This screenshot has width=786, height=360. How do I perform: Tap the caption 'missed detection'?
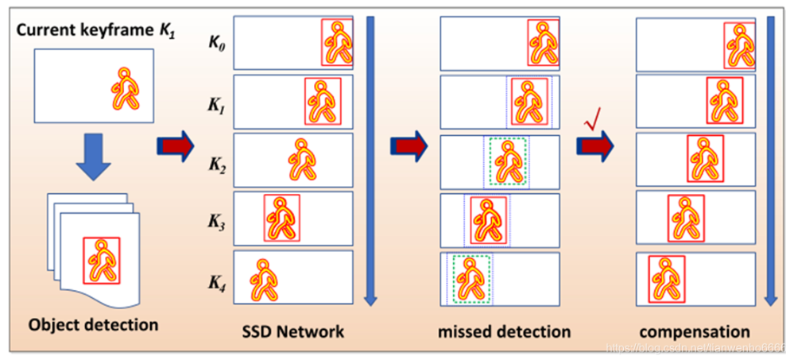coord(504,331)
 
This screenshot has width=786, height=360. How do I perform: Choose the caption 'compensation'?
coord(695,331)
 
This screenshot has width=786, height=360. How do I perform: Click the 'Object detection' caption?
coord(93,324)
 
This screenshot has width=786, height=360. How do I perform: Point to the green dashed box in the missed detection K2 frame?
coord(508,162)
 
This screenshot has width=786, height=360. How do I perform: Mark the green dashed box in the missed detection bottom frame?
coord(470,279)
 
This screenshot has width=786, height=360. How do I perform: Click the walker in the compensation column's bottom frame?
coord(667,279)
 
